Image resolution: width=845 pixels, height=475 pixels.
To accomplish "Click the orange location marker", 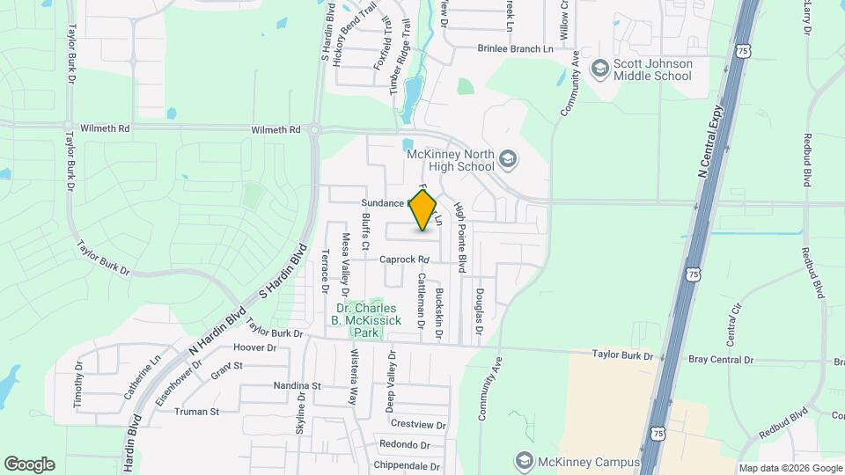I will click(x=423, y=210).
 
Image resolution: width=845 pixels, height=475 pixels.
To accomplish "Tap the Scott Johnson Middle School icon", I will click(x=600, y=69).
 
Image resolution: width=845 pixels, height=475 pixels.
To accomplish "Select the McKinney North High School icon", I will click(x=507, y=159).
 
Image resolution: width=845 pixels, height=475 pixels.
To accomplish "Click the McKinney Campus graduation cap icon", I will click(x=525, y=462).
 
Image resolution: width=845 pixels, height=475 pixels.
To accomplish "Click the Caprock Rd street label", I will click(x=404, y=260).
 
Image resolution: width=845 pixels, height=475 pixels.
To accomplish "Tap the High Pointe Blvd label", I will click(x=459, y=235).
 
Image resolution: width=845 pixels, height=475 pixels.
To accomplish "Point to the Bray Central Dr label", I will click(x=721, y=360).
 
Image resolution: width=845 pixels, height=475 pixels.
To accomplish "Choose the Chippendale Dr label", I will click(x=406, y=467).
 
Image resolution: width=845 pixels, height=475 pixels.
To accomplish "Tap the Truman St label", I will click(x=196, y=412).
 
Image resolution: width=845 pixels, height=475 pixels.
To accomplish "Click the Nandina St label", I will click(x=272, y=386).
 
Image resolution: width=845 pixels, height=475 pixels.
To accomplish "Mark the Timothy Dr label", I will click(x=77, y=384).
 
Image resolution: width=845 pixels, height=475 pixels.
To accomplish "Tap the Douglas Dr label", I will click(x=480, y=311).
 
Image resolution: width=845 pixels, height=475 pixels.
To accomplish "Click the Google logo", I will click(x=29, y=464).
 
